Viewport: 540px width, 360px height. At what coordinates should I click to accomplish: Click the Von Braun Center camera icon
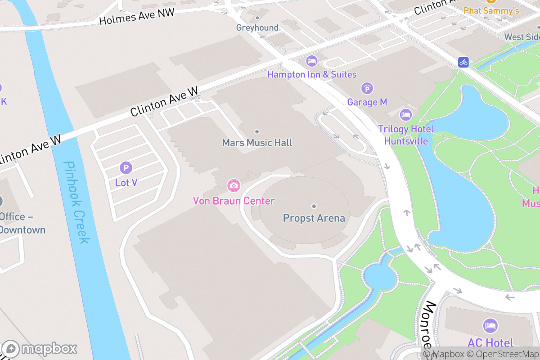233,185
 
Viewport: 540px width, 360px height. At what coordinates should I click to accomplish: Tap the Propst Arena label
314,218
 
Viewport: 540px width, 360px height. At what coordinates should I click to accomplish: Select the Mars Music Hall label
257,143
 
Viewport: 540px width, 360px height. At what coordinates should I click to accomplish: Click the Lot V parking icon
126,168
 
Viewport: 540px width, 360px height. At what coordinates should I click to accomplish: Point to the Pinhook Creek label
75,202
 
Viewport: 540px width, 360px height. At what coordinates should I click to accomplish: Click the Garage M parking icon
367,89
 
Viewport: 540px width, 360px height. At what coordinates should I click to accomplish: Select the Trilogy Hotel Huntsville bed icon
406,115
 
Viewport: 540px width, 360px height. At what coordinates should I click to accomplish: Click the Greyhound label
257,28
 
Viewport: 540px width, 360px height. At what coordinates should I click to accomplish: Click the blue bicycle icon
463,62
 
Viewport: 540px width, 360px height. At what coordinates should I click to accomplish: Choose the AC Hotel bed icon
490,325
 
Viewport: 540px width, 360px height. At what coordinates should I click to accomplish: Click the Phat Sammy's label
491,10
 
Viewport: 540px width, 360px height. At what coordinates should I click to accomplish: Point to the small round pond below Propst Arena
380,276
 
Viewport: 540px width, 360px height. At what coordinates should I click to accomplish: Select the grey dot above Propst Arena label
314,206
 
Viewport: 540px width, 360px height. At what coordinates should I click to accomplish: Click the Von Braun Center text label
234,201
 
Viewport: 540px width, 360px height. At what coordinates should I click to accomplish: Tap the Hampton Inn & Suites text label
312,75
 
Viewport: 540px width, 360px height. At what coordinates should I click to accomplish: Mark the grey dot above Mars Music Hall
257,131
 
